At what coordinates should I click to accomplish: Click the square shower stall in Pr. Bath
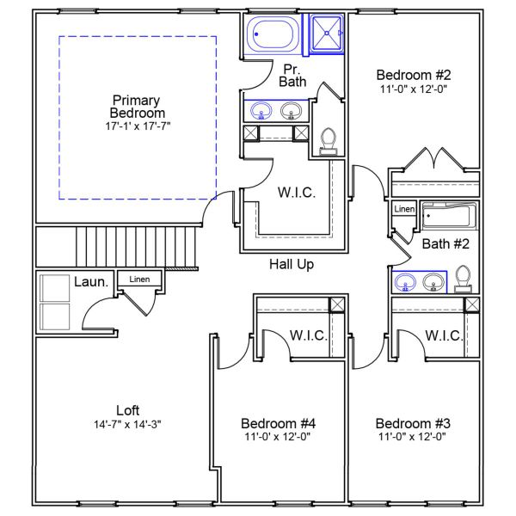coord(326,35)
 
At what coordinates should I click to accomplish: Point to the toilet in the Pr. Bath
coord(328,140)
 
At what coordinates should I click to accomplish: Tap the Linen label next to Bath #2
coord(404,209)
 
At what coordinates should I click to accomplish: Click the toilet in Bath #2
coord(463,279)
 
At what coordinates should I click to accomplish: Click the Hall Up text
coord(291,264)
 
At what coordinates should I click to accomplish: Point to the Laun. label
coord(90,281)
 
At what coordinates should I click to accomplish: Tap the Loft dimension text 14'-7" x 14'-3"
coord(127,424)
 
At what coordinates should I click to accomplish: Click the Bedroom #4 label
coord(279,423)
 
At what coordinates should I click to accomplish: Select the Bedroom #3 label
coord(414,423)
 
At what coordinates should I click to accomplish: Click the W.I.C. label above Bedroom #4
coord(308,335)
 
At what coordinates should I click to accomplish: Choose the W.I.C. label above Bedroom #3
coord(444,335)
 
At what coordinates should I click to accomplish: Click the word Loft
coord(127,410)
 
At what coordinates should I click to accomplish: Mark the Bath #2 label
coord(445,244)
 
